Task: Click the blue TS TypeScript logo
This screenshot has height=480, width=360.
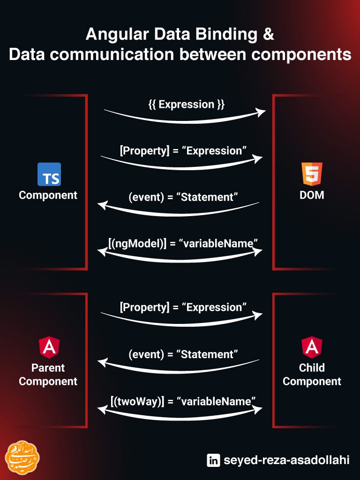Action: (x=49, y=174)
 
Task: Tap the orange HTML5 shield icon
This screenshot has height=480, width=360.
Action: (x=312, y=174)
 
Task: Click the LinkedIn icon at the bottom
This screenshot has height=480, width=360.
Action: (x=213, y=460)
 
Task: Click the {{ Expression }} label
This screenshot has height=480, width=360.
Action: (x=187, y=105)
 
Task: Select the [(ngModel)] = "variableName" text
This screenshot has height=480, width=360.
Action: (x=183, y=244)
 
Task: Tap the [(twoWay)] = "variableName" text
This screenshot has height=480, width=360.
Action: (x=183, y=401)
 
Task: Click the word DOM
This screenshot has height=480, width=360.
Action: (x=312, y=195)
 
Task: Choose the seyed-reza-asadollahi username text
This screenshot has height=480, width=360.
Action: (x=286, y=460)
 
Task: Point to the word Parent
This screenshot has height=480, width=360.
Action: (x=48, y=368)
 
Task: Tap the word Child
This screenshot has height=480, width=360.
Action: (x=312, y=368)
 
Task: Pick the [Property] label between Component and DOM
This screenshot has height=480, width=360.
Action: (x=144, y=151)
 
